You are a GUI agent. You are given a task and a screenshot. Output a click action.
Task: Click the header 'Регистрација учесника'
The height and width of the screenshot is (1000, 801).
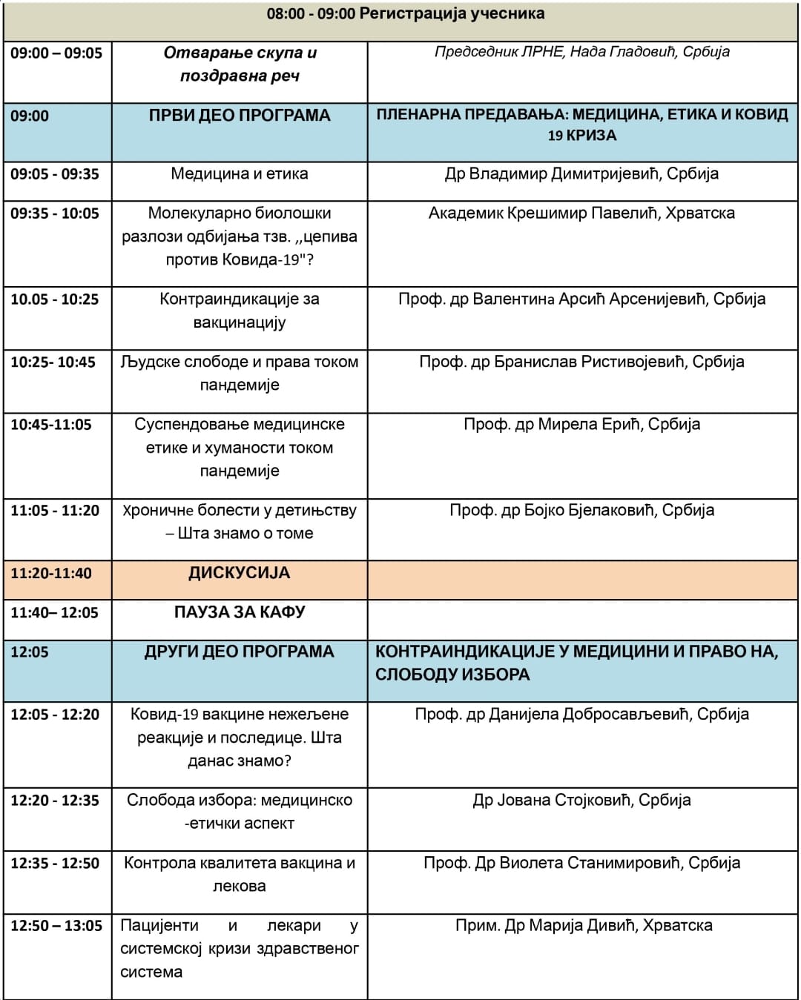452,13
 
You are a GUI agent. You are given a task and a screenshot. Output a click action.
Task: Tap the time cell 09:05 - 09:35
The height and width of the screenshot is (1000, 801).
55,174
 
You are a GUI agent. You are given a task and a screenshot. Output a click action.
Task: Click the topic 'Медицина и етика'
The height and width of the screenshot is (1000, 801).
239,174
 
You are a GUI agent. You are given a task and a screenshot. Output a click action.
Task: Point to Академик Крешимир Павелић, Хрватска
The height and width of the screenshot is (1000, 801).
581,213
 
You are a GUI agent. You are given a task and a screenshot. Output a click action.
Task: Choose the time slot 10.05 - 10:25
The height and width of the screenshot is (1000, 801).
54,299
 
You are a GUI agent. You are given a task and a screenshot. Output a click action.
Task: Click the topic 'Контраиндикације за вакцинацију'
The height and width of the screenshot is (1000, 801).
239,311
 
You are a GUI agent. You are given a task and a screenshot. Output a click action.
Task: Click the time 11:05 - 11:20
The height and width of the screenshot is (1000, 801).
55,511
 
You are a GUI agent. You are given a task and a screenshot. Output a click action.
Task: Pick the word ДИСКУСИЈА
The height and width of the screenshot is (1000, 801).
239,573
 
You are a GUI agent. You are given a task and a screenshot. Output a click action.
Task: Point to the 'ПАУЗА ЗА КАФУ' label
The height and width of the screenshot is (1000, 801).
239,612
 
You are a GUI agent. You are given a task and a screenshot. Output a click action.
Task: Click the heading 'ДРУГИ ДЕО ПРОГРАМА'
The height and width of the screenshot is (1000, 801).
239,652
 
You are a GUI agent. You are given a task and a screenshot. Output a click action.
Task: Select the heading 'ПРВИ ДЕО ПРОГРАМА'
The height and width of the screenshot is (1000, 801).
239,116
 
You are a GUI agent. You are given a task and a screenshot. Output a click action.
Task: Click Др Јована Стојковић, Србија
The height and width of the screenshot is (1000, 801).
581,801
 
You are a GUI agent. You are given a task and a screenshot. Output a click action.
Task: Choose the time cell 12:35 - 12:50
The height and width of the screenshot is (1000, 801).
55,863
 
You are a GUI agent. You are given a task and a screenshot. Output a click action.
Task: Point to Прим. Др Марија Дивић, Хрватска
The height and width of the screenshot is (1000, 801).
584,926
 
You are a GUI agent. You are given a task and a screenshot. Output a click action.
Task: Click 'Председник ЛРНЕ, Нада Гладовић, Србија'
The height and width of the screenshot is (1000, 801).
581,52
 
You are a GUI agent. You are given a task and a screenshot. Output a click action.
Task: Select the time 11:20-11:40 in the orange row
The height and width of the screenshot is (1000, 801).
51,573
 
